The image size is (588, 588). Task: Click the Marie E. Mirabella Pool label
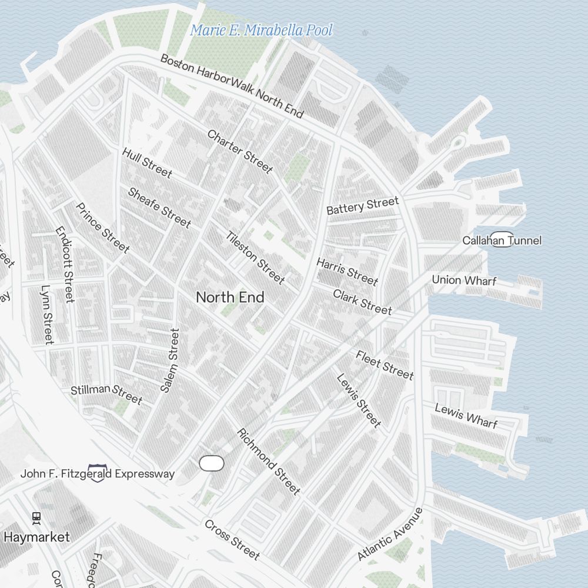point(261,30)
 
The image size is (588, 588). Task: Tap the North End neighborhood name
point(230,298)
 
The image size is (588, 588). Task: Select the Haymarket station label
point(36,537)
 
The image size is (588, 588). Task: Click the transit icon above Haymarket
point(36,518)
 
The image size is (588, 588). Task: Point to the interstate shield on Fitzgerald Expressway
point(96,473)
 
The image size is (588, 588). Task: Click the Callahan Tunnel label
point(502,240)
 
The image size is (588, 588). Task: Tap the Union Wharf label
point(464,280)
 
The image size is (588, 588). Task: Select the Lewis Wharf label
point(466,416)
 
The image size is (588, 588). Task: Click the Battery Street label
point(362,206)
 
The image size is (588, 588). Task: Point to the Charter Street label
point(240,152)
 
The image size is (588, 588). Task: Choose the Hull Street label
point(147,163)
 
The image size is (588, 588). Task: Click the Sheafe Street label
point(159,208)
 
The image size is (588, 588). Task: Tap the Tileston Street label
point(255,258)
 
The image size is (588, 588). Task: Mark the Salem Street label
point(170,360)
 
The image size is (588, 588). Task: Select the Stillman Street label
point(106,394)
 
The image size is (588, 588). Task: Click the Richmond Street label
point(269,462)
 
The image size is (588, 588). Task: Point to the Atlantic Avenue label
point(390,534)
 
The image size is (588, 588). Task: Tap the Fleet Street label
point(385,365)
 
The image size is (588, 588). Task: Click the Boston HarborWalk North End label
point(232,86)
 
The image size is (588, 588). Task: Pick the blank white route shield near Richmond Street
point(212,463)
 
